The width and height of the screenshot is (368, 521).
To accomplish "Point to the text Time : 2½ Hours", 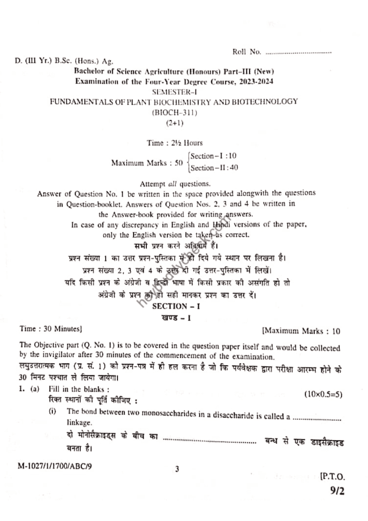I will [175, 143].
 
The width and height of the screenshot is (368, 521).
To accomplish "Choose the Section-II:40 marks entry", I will [214, 168].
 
